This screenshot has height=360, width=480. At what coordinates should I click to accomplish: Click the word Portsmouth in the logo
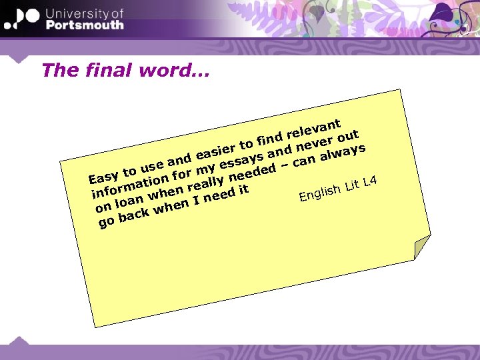click(x=85, y=25)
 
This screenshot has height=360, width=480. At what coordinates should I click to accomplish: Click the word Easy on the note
click(x=103, y=177)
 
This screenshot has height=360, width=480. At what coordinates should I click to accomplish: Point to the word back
click(x=129, y=215)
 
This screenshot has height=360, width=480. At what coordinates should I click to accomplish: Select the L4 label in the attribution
click(x=371, y=181)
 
